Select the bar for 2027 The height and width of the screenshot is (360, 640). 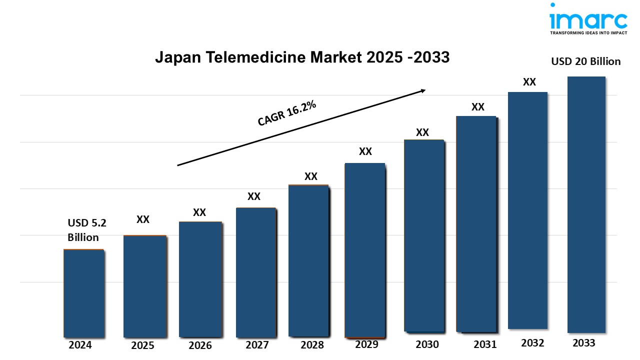[255, 272]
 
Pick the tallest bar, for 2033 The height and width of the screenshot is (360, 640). [586, 204]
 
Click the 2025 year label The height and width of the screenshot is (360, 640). [142, 345]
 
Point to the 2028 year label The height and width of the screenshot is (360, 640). [312, 344]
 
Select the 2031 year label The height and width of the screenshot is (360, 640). [485, 344]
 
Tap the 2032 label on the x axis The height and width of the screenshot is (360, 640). [533, 342]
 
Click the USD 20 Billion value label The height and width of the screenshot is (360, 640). [585, 61]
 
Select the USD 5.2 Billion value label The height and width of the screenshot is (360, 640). [83, 230]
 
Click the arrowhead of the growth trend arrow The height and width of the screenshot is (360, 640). [422, 90]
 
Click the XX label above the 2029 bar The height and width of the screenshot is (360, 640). [365, 151]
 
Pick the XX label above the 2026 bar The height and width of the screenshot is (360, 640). [199, 212]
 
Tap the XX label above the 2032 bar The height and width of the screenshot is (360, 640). [529, 82]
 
